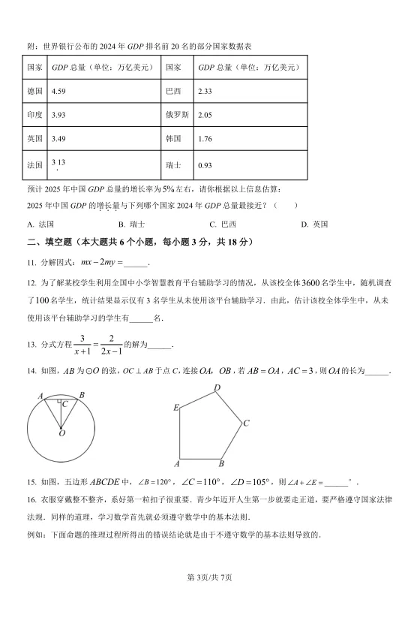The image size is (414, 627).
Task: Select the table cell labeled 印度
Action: tap(34, 115)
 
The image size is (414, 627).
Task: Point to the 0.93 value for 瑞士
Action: tap(204, 164)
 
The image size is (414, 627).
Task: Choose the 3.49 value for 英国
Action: tap(58, 139)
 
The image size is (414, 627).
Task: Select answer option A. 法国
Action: tap(40, 224)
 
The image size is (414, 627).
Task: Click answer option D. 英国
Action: tap(315, 224)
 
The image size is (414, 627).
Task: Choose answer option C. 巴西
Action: tap(223, 224)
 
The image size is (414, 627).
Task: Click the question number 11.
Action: tap(31, 262)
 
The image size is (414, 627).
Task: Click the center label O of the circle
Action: tap(61, 433)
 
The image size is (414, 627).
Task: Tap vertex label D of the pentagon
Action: tap(217, 387)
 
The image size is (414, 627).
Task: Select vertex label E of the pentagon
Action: tap(175, 408)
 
